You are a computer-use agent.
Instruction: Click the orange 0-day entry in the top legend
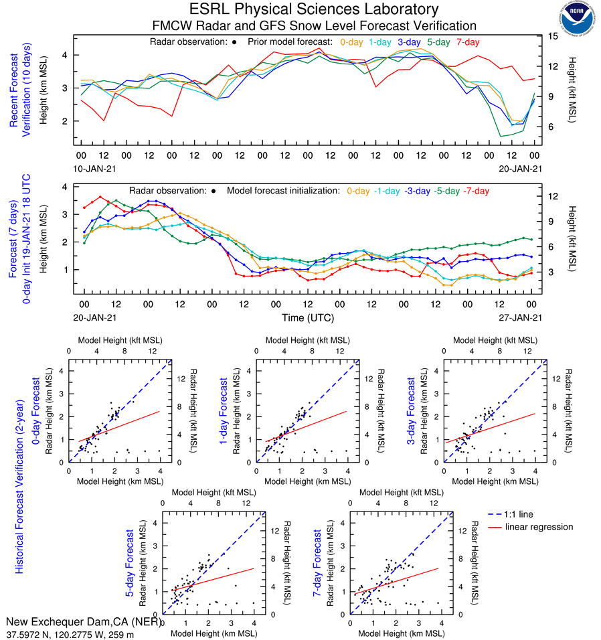[352, 42]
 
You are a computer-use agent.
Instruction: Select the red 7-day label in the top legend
[468, 42]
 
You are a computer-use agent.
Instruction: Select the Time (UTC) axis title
[307, 317]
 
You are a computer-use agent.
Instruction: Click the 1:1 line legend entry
[519, 514]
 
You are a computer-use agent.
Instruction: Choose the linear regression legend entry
[539, 527]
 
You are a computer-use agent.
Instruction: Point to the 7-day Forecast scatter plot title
[319, 564]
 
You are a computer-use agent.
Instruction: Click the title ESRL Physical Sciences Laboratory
[314, 9]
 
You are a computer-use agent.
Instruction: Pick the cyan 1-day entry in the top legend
[381, 42]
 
